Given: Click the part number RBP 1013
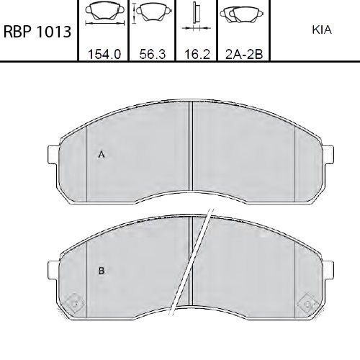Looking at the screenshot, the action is (37, 32).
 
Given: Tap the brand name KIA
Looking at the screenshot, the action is (322, 30).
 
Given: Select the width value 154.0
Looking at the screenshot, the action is (104, 54).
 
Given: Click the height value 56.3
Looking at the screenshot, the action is (153, 54).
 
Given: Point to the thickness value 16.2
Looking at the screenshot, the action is (197, 54).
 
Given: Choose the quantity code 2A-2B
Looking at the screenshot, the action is (244, 54).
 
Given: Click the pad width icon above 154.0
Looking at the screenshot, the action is (105, 13).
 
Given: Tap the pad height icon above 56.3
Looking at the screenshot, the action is (152, 13).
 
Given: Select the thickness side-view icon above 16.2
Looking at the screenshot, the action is (197, 17).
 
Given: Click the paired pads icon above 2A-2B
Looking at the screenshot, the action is (242, 14).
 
